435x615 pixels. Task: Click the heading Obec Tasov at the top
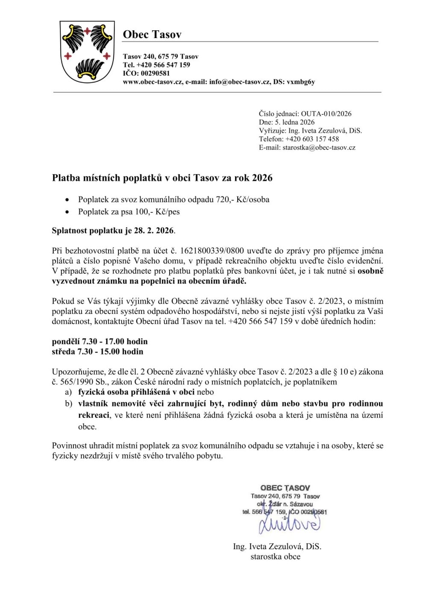152,34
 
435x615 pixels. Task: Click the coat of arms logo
87,52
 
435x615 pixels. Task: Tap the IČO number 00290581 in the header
155,73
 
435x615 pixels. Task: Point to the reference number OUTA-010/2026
326,114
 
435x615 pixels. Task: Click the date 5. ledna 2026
294,122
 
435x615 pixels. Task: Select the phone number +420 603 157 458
312,139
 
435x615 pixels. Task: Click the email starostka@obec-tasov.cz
319,147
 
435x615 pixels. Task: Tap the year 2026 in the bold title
262,178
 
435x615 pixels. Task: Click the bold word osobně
370,271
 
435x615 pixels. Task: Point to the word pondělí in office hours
66,342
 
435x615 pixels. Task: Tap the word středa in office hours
63,351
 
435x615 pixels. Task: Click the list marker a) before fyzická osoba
68,392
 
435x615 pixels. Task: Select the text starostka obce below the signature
275,556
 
